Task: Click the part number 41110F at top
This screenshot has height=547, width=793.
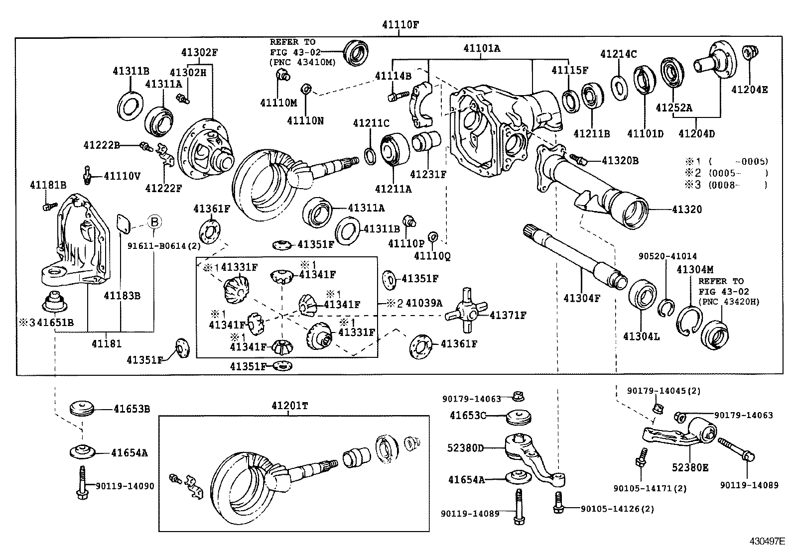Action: (x=400, y=24)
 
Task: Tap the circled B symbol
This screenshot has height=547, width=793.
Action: (x=154, y=222)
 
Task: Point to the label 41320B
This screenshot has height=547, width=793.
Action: (x=620, y=160)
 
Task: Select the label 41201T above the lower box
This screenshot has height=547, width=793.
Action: (x=290, y=406)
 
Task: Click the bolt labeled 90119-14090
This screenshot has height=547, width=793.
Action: (x=81, y=481)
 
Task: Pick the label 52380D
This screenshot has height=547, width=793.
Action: (x=465, y=447)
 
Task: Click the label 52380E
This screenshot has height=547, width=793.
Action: (x=690, y=468)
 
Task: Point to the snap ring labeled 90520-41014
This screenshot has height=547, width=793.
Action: (x=667, y=308)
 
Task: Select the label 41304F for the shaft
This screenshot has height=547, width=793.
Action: (x=582, y=298)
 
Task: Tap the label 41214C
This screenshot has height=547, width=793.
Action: (x=618, y=54)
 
